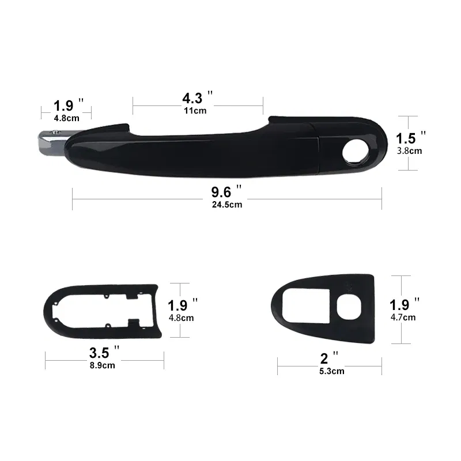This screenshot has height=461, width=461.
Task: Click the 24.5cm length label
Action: click(226, 204)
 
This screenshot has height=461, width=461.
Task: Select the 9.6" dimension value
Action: click(224, 191)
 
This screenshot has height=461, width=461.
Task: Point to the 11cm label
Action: click(195, 111)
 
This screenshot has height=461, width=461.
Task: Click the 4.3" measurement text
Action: click(194, 97)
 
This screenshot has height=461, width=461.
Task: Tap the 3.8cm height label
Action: click(410, 151)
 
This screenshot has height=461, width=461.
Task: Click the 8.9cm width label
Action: click(102, 364)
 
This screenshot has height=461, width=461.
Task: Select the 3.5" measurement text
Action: click(101, 352)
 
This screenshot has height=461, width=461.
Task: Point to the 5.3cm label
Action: click(331, 371)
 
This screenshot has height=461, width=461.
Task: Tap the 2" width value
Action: click(327, 357)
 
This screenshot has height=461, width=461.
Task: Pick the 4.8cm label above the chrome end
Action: click(66, 118)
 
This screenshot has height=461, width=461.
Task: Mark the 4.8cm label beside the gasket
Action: click(181, 317)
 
